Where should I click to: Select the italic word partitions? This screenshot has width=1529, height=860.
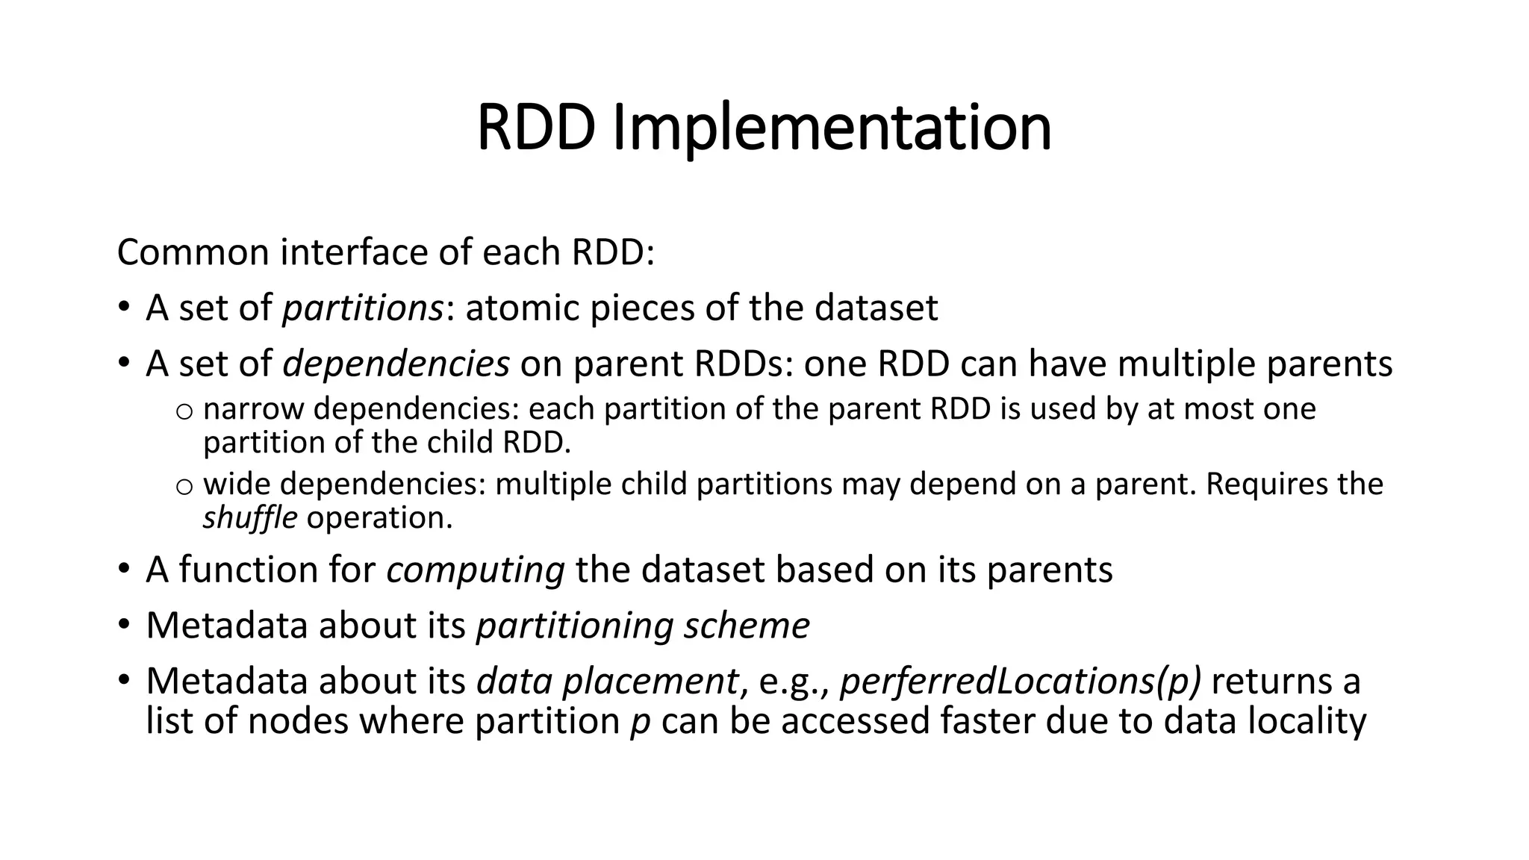coord(363,308)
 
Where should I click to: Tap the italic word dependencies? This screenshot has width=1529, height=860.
coord(396,364)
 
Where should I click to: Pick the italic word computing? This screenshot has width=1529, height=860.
coord(475,570)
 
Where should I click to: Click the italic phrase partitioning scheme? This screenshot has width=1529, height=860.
coord(643,626)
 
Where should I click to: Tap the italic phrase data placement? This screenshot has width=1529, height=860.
coord(607,682)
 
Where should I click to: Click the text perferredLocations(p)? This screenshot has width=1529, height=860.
coord(1020,682)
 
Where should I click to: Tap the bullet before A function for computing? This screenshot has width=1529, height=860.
coord(124,570)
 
